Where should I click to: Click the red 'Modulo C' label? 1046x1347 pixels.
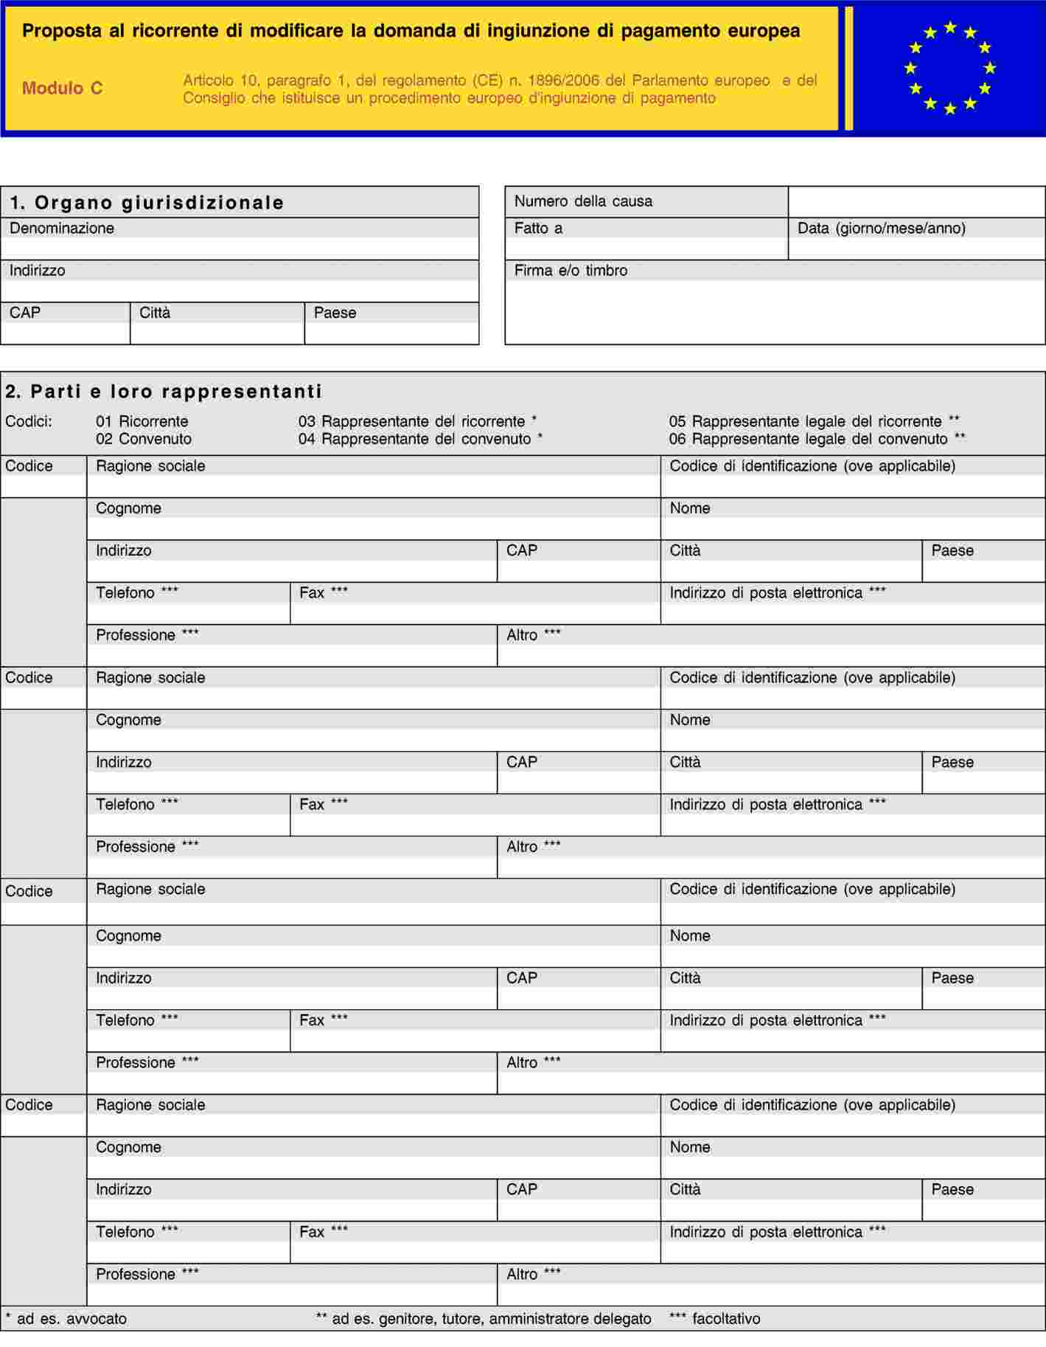tap(62, 89)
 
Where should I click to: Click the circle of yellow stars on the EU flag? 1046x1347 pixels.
tap(949, 68)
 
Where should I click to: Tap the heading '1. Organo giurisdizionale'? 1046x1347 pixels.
tap(147, 203)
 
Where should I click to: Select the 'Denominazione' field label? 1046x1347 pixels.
tap(62, 229)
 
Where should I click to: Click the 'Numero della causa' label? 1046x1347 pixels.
tap(582, 201)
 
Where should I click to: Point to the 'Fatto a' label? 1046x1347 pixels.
tap(538, 229)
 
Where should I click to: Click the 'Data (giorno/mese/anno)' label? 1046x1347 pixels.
tap(881, 229)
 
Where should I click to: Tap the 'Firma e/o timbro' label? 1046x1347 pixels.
tap(571, 271)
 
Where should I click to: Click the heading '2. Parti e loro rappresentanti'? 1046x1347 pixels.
tap(164, 391)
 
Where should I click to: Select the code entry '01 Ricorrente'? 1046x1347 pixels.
tap(142, 422)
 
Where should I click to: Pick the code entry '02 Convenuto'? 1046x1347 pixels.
tap(144, 439)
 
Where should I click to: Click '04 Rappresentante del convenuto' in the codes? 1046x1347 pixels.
tap(420, 439)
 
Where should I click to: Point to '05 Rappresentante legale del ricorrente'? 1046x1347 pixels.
tap(814, 422)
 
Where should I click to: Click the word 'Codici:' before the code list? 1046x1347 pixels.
tap(29, 422)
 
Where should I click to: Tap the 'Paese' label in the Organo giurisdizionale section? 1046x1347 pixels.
tap(335, 313)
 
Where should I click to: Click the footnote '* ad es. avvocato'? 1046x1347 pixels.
tap(66, 1318)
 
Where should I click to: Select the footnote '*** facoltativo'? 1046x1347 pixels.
tap(714, 1318)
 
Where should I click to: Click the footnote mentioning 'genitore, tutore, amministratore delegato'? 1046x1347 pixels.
tap(484, 1318)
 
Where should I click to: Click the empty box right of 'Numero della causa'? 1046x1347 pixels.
tap(916, 202)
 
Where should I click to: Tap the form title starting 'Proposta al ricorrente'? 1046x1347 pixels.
tap(411, 31)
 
